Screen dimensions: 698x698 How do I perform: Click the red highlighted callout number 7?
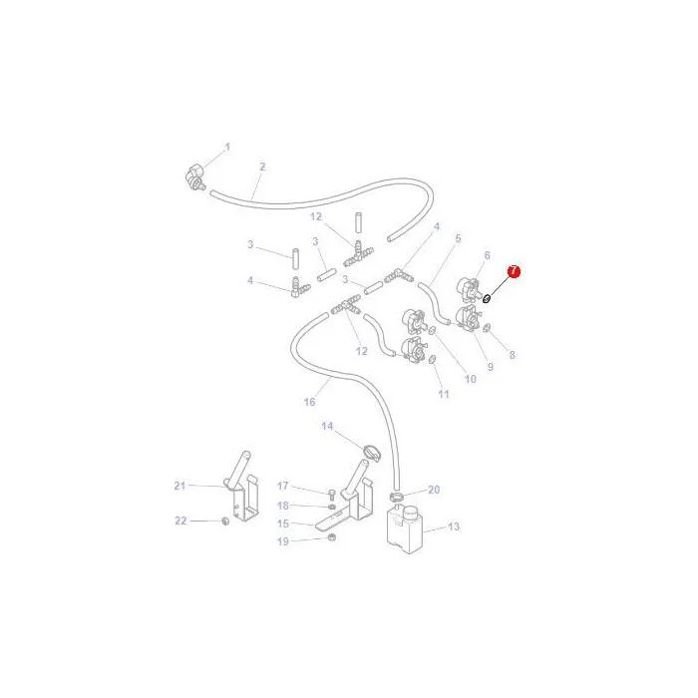(x=514, y=271)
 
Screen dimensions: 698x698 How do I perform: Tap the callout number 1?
(x=227, y=147)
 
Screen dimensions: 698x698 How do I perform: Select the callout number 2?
(x=262, y=167)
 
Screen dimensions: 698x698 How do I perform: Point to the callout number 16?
(x=309, y=402)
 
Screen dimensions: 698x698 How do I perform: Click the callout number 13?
(x=453, y=526)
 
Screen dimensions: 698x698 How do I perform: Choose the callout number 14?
(x=327, y=427)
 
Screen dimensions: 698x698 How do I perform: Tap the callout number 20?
(x=434, y=490)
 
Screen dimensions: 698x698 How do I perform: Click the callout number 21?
(x=179, y=486)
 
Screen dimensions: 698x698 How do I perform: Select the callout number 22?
(x=180, y=521)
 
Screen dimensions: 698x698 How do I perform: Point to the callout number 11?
(x=444, y=394)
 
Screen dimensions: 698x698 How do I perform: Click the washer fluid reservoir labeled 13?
(x=404, y=529)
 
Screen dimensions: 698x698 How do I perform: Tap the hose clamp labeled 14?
(x=372, y=452)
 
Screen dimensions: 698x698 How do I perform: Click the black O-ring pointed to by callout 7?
(x=487, y=298)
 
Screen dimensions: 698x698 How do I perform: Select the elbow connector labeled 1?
(x=195, y=176)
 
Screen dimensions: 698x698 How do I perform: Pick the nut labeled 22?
(x=225, y=521)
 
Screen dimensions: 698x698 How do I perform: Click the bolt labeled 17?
(x=332, y=494)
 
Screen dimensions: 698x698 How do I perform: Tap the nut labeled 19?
(x=332, y=537)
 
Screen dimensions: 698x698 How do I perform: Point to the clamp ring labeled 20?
(x=397, y=496)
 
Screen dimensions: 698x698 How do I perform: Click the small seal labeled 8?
(x=487, y=328)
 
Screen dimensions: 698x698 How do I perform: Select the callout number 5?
(x=458, y=238)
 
